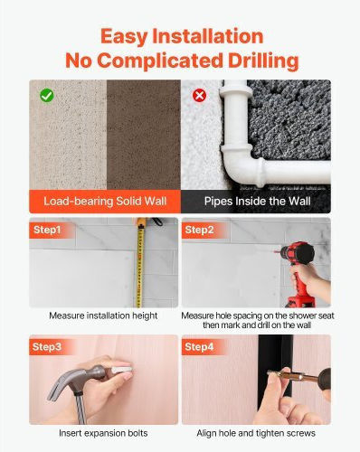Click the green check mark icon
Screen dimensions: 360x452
[x=47, y=96]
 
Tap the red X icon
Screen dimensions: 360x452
[x=199, y=96]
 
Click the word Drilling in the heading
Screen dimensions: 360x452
[x=263, y=61]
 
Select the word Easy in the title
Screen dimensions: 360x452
[x=124, y=37]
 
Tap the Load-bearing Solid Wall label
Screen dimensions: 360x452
[x=105, y=201]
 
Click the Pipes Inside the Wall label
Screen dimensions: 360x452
[x=257, y=201]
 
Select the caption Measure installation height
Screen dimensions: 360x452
[x=103, y=315]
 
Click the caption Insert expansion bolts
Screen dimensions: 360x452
[x=103, y=433]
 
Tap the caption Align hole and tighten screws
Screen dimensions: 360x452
[x=256, y=433]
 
